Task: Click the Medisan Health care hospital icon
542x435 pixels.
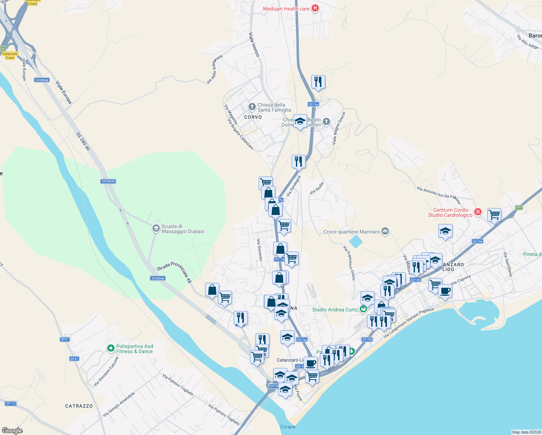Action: (315, 8)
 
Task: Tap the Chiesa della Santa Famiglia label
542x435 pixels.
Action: (274, 107)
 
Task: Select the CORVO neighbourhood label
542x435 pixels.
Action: (253, 117)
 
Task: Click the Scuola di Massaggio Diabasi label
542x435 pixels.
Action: (183, 229)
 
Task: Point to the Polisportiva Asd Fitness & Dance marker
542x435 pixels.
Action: (111, 348)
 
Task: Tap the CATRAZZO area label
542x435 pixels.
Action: (79, 406)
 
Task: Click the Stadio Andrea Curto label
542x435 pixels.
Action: (335, 310)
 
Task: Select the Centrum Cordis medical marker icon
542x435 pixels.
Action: (478, 212)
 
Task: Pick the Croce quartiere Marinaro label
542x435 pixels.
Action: (351, 232)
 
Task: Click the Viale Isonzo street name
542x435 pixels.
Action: (254, 45)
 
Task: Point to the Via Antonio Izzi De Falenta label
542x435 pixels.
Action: (439, 195)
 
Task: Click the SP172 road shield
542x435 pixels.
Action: (11, 403)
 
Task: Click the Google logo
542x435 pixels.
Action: (12, 431)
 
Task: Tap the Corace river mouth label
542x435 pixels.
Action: (288, 427)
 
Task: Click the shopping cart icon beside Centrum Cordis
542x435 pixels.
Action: (494, 215)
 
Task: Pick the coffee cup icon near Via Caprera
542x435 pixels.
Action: (445, 291)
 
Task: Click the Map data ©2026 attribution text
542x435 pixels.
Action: (526, 432)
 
